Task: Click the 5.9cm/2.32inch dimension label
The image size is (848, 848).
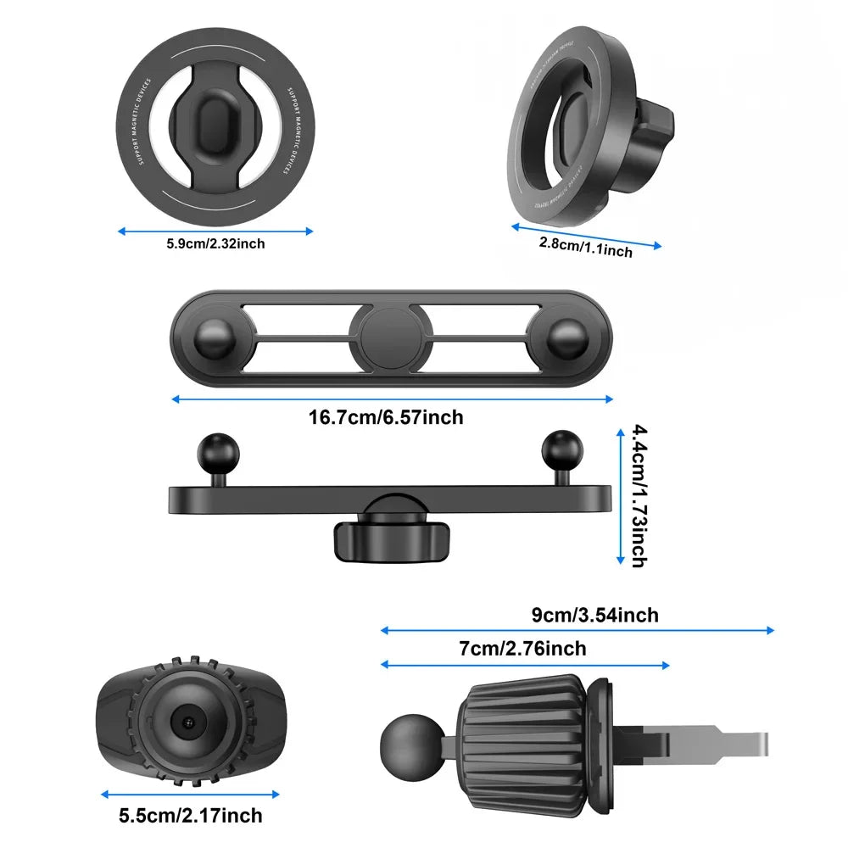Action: (x=215, y=244)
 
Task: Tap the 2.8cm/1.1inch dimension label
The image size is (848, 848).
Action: (x=586, y=247)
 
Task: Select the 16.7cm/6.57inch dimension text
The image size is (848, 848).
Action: (x=386, y=417)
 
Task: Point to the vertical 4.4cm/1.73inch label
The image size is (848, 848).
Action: (x=639, y=496)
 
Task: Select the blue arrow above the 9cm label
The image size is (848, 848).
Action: (x=577, y=630)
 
